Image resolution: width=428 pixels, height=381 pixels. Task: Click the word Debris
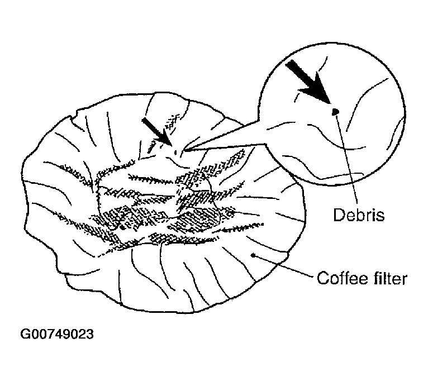tap(359, 215)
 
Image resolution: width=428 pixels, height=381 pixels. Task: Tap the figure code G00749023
tap(57, 334)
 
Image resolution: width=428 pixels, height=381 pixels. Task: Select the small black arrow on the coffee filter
tap(156, 131)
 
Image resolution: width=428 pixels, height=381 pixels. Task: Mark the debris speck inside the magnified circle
tap(335, 111)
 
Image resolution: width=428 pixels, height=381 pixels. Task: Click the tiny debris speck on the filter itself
tap(176, 152)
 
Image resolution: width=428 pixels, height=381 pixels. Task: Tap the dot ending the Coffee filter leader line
tap(253, 255)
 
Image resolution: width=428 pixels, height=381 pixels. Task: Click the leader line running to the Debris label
tap(347, 159)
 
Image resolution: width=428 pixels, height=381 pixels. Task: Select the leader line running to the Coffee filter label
tap(283, 265)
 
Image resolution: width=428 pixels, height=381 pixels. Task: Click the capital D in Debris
tap(339, 215)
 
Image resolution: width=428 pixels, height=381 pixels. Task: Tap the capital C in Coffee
tap(322, 278)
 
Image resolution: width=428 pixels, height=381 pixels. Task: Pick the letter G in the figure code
tap(25, 334)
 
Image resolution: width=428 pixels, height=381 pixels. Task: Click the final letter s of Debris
tap(381, 216)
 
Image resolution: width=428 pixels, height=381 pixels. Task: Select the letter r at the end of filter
tap(405, 280)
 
